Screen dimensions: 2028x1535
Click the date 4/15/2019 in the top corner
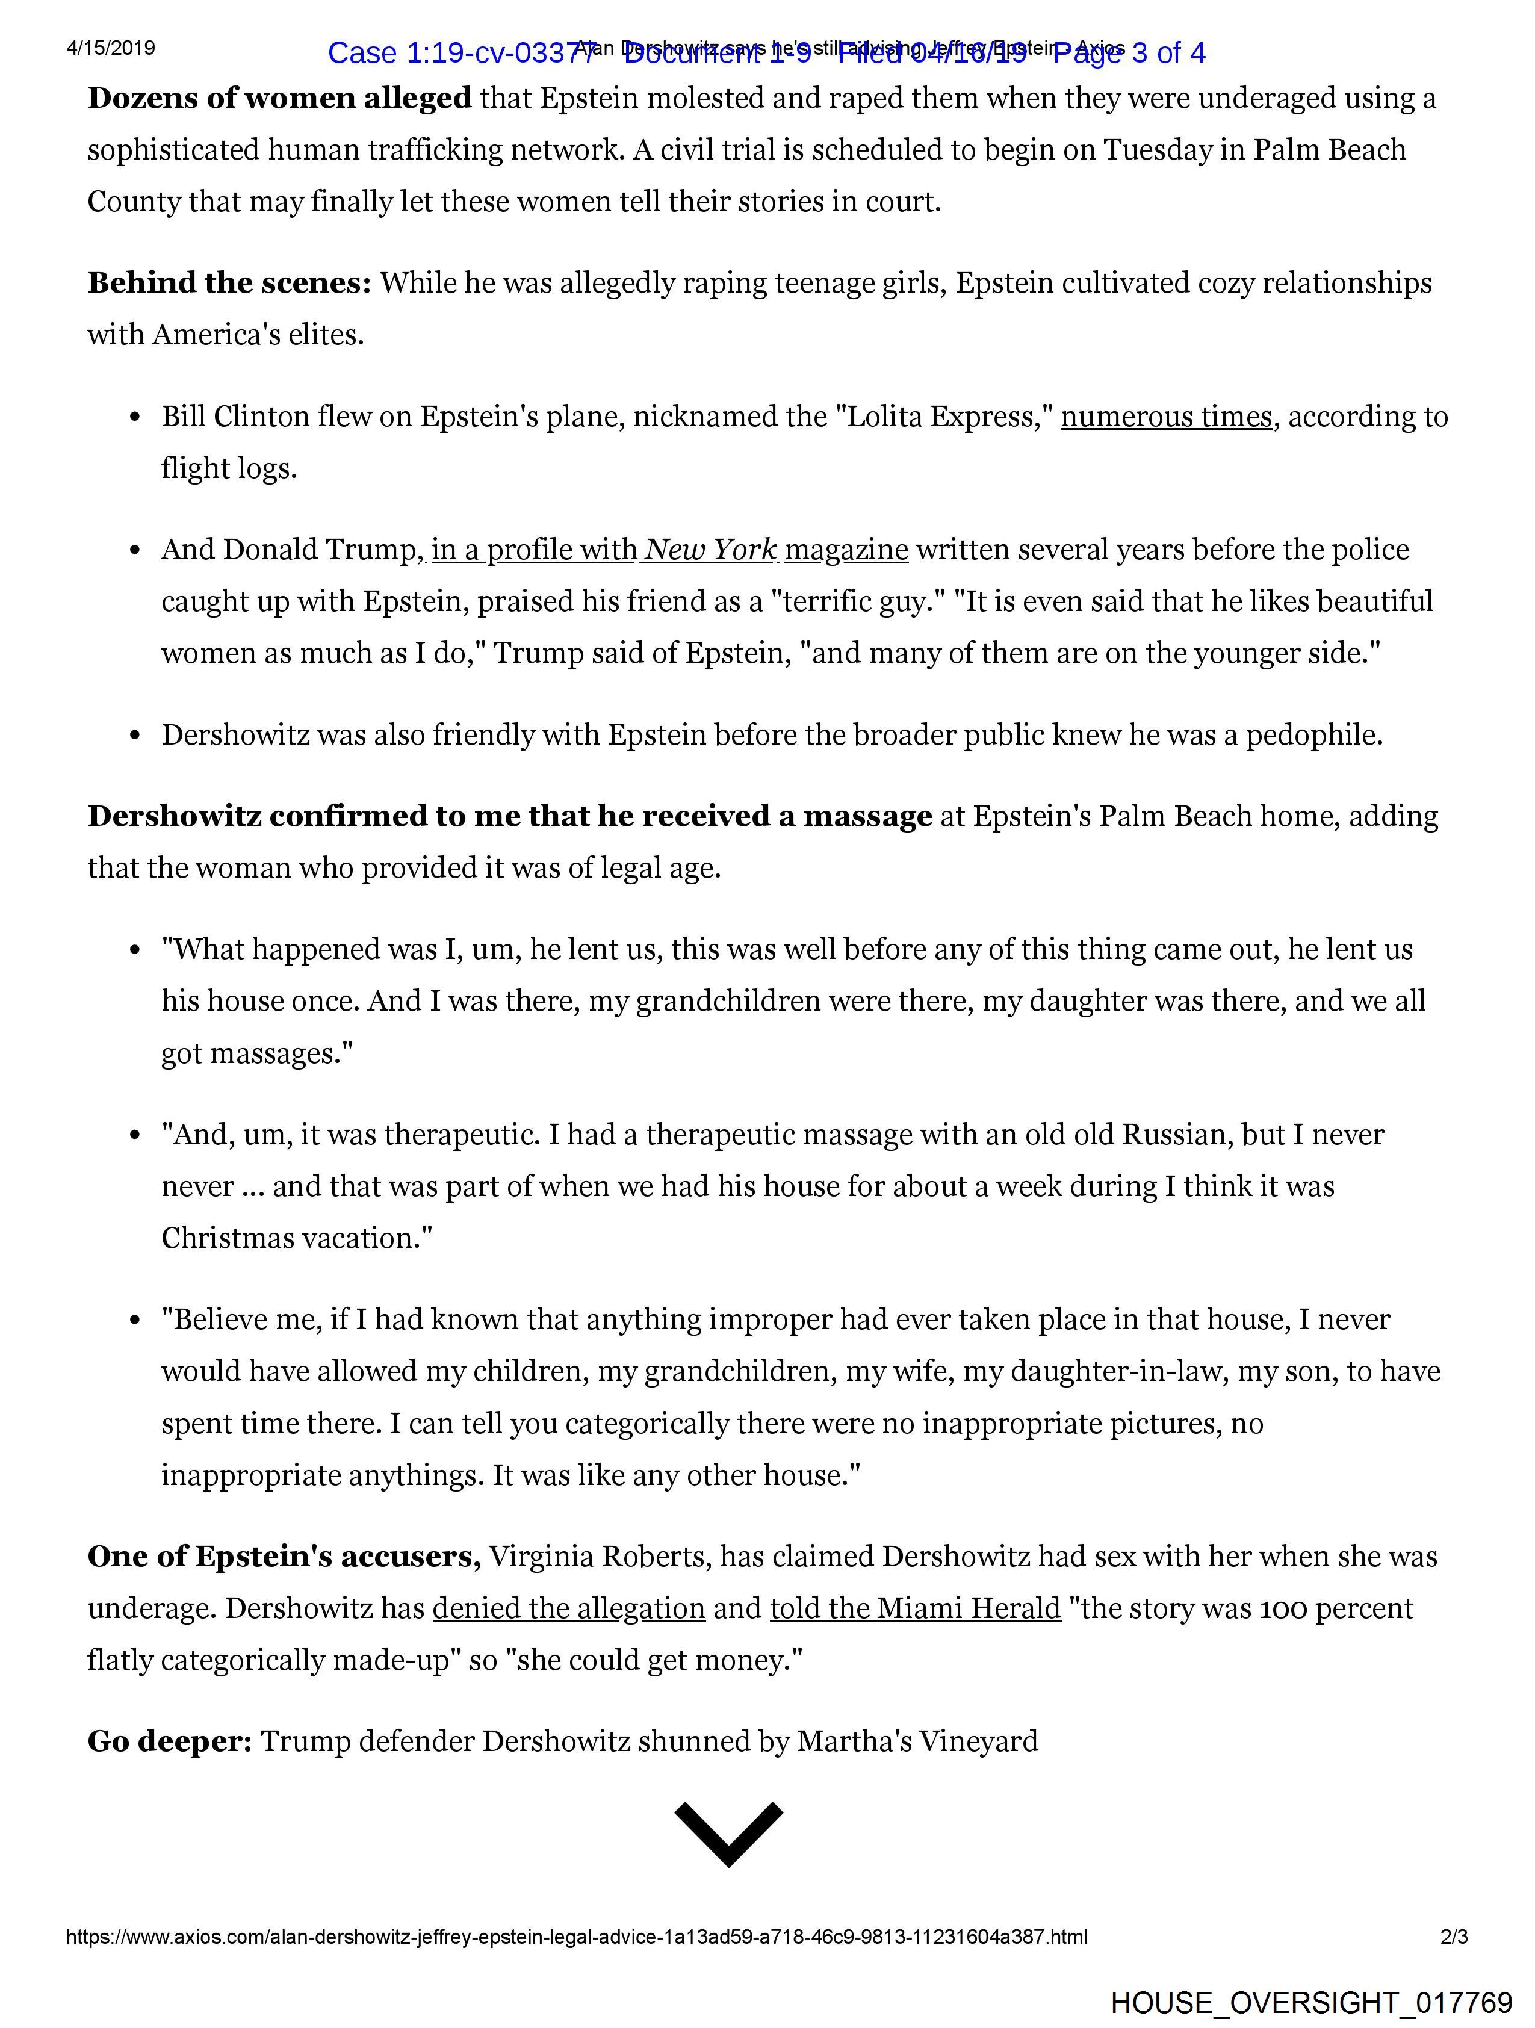[111, 48]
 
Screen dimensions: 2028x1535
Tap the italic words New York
[712, 550]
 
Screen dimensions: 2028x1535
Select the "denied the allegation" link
[568, 1609]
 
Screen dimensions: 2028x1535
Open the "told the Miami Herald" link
[915, 1609]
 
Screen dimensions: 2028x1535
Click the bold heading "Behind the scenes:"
[229, 284]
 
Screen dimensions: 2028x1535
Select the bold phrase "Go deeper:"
[170, 1741]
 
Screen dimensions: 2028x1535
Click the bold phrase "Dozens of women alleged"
[280, 98]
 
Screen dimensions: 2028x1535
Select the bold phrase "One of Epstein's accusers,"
[284, 1557]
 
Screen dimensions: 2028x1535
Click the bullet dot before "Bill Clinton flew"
[135, 418]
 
